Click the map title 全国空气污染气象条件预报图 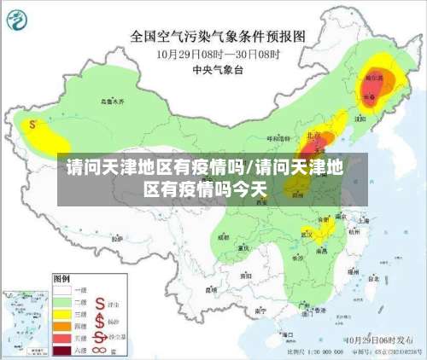pyautogui.click(x=217, y=37)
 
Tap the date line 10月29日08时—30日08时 pyautogui.click(x=217, y=53)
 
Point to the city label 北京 pyautogui.click(x=313, y=136)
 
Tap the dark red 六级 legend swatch pyautogui.click(x=63, y=350)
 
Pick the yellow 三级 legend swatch pyautogui.click(x=63, y=313)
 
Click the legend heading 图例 pyautogui.click(x=61, y=278)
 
